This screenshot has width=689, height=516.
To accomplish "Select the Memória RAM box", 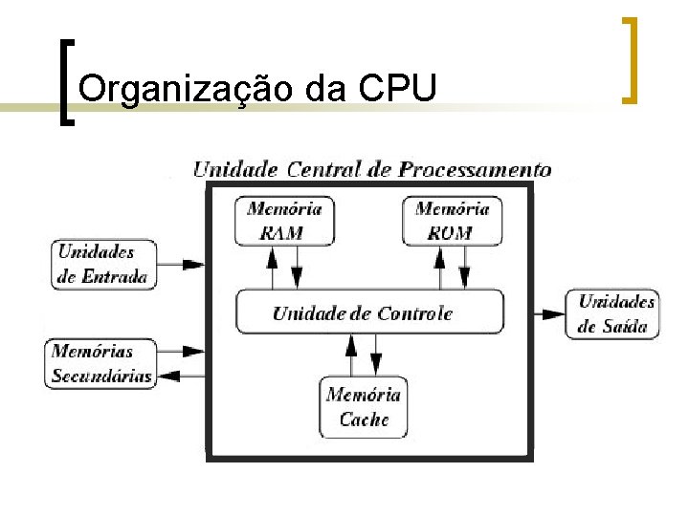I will [x=283, y=221].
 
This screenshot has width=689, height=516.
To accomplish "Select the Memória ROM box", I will [x=452, y=221].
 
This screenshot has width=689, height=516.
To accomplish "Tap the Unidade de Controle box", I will [x=368, y=312].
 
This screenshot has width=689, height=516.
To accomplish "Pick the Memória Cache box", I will [x=364, y=407].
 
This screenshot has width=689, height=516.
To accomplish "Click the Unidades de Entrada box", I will [x=102, y=265].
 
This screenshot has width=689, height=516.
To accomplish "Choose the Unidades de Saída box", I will [x=617, y=313].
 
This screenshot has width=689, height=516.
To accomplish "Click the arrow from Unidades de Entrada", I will [x=183, y=264].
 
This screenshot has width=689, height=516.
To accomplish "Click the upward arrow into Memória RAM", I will [x=273, y=267].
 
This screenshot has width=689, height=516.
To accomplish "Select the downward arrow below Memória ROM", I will [x=464, y=267].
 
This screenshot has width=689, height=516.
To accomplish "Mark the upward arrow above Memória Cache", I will [x=352, y=355].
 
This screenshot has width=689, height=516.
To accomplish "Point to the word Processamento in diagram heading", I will [x=475, y=170].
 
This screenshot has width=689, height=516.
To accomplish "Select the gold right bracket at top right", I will [x=629, y=58].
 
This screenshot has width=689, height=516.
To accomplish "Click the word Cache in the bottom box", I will [x=365, y=419].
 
